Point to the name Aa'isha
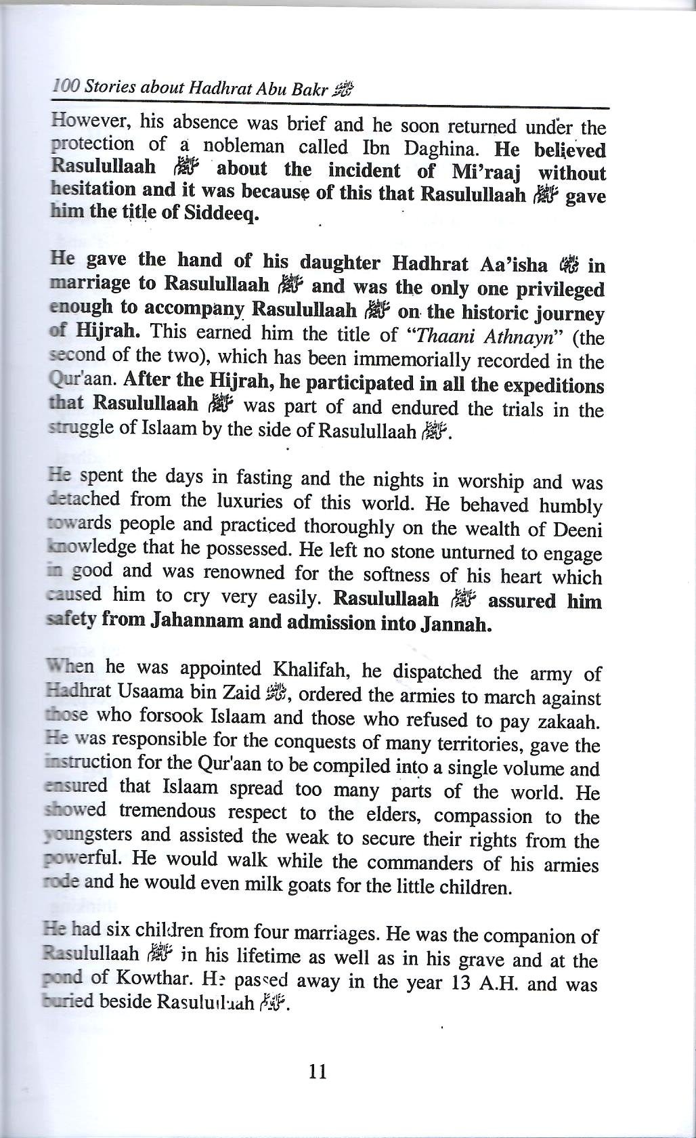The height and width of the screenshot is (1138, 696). tap(513, 263)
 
